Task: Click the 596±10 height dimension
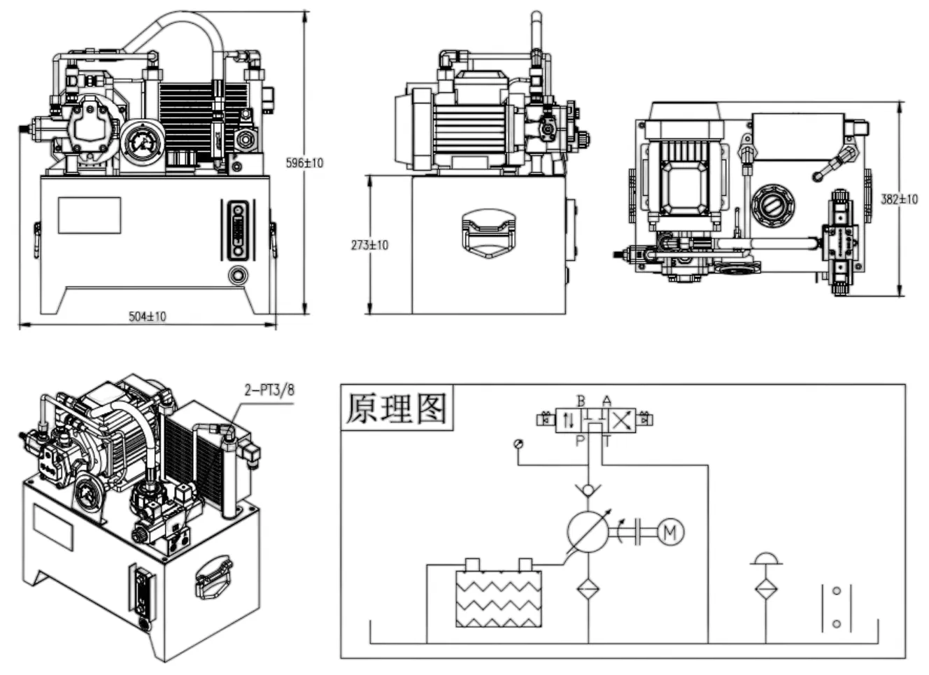click(x=305, y=163)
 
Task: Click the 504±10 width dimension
click(x=148, y=316)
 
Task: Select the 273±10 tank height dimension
click(x=369, y=245)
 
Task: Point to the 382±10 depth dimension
click(x=899, y=199)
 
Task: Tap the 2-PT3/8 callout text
click(x=269, y=390)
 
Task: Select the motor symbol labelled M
click(x=670, y=532)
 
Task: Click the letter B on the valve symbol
click(x=581, y=401)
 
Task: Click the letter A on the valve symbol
click(x=607, y=401)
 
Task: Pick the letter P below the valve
click(x=580, y=440)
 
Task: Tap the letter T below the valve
click(x=607, y=440)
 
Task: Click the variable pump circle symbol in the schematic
click(x=588, y=532)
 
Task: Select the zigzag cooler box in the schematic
click(x=499, y=599)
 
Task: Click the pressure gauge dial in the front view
click(x=142, y=143)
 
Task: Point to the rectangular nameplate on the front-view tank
click(x=90, y=215)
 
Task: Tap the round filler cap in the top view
click(x=772, y=206)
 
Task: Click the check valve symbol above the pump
click(x=588, y=487)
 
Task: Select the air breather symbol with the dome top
click(x=766, y=559)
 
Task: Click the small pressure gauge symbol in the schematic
click(x=518, y=444)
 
